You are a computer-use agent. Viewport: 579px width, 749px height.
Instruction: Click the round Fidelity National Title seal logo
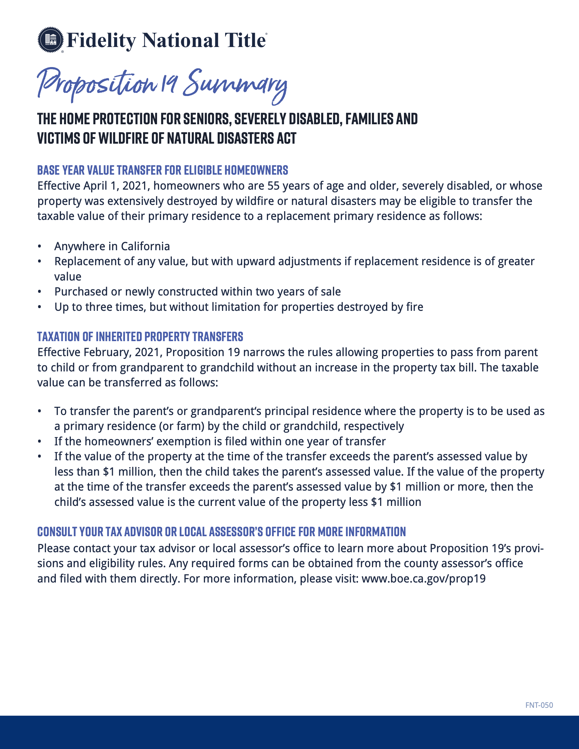click(x=50, y=40)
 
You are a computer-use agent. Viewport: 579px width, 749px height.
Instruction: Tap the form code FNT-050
click(x=539, y=705)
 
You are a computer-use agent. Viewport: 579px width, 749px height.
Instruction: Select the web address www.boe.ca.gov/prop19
click(x=424, y=578)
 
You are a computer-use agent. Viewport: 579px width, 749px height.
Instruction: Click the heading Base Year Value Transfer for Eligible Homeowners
click(x=162, y=170)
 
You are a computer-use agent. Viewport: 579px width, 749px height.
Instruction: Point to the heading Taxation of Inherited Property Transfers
click(x=140, y=336)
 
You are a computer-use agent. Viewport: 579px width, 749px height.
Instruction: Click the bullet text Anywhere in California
click(x=112, y=246)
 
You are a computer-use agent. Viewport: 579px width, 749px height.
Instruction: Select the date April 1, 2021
click(x=115, y=186)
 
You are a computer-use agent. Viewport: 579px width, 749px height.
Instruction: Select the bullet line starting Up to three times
click(x=238, y=307)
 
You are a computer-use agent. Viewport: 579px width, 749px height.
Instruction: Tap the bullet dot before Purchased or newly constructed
click(x=40, y=292)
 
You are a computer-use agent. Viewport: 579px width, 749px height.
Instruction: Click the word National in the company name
click(x=181, y=41)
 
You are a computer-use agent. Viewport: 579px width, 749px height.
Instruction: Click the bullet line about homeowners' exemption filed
click(x=220, y=441)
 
